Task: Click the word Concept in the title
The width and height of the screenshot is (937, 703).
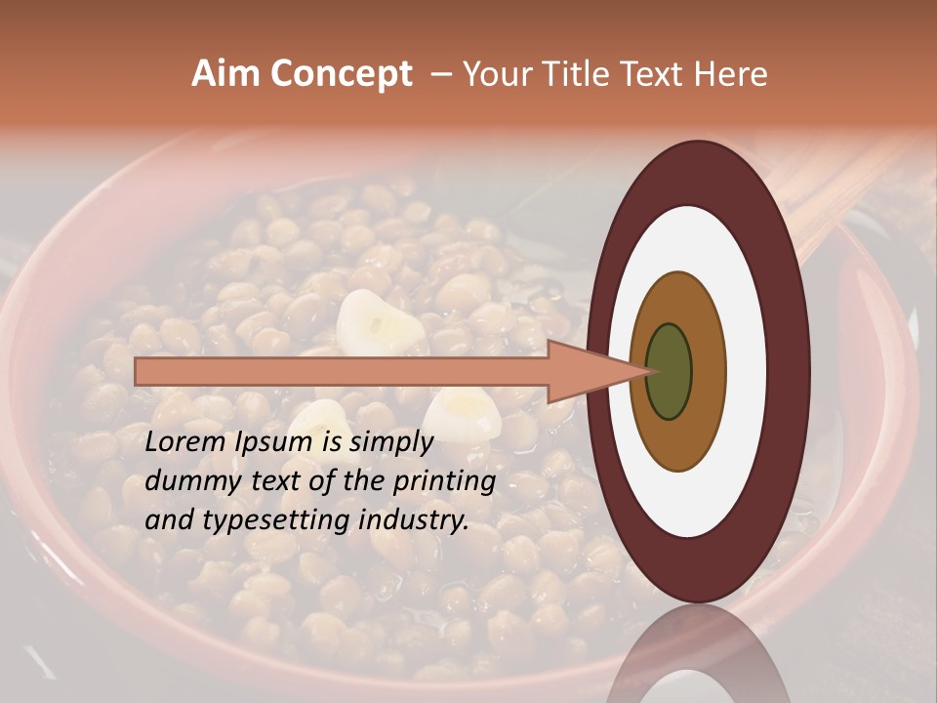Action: tap(341, 74)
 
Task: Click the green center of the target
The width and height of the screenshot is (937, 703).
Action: tap(670, 371)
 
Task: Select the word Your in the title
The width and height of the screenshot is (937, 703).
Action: tap(495, 74)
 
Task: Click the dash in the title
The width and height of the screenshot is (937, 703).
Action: tap(440, 74)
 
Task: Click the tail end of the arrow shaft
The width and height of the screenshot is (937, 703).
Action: tap(139, 371)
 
